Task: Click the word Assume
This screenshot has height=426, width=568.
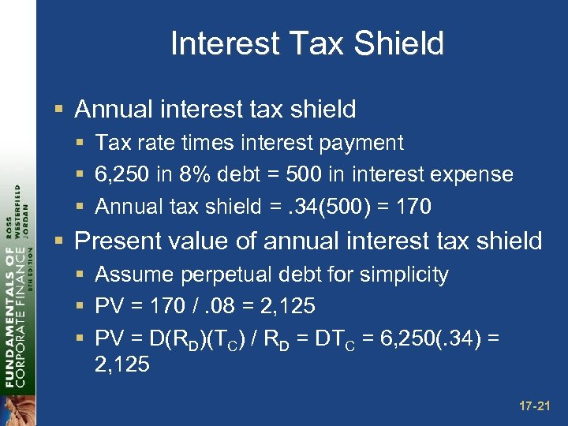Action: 129,275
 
